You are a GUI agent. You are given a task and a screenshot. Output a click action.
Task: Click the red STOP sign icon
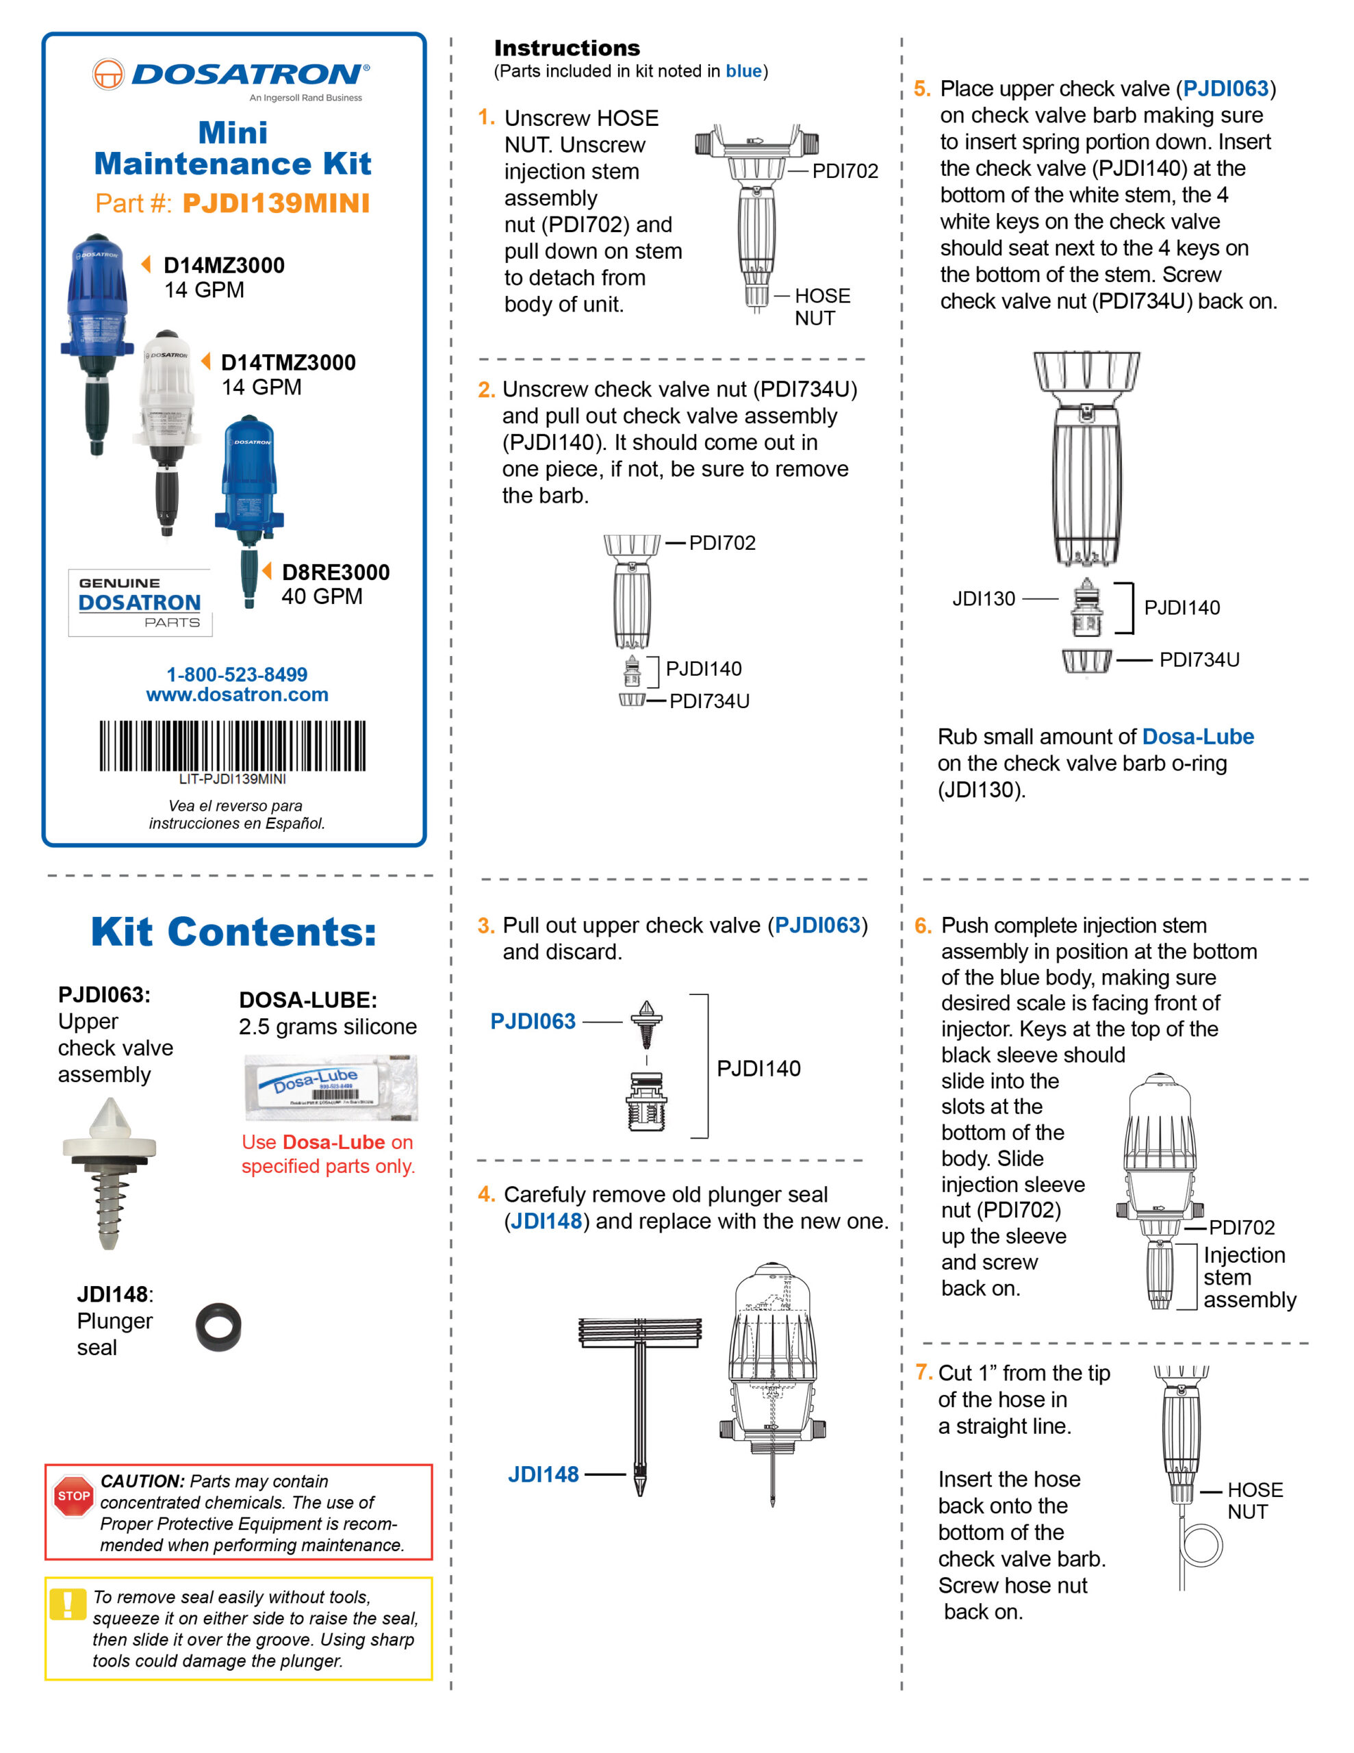click(73, 1496)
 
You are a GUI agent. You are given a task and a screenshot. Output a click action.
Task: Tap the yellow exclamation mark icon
click(67, 1605)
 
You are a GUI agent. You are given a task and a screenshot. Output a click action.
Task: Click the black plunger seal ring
click(218, 1326)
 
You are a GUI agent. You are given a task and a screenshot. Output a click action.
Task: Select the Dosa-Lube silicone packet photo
click(331, 1087)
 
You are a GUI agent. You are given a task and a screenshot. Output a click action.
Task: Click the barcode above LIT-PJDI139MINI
click(232, 746)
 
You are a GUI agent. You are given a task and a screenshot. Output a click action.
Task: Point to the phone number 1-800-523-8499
click(237, 674)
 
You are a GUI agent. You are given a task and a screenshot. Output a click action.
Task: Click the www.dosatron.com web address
click(237, 694)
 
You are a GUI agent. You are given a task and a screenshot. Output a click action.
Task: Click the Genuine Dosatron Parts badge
click(140, 603)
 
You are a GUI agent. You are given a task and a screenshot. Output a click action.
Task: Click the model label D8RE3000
click(335, 572)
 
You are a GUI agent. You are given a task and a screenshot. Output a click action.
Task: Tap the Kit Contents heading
click(233, 932)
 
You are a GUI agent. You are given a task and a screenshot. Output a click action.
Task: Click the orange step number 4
click(485, 1194)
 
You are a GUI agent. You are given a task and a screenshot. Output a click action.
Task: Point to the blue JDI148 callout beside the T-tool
click(543, 1474)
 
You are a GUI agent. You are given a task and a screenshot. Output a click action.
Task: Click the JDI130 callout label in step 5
click(983, 598)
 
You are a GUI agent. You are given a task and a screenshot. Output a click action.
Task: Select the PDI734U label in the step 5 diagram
click(1199, 660)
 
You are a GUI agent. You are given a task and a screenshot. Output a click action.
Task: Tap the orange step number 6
click(923, 926)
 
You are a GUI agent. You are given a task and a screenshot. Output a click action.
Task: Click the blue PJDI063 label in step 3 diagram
click(533, 1021)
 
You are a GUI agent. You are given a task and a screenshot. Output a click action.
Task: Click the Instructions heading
click(567, 48)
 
